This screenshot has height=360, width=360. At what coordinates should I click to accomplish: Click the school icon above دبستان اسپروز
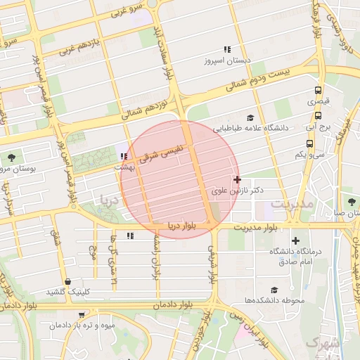pos(226,49)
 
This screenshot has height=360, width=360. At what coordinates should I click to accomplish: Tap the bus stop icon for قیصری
pos(319,91)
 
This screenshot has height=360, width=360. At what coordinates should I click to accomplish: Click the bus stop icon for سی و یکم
pos(309,143)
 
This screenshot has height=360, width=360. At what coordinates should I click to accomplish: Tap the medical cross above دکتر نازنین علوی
pos(237,180)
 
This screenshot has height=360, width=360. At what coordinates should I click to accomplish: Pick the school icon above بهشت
pos(124,156)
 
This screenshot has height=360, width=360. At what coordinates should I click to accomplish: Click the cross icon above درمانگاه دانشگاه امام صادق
pos(295,240)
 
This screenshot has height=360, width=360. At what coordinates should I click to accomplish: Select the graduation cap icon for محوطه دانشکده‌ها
pos(274,290)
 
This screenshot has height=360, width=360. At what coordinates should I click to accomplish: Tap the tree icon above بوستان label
pos(11,158)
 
